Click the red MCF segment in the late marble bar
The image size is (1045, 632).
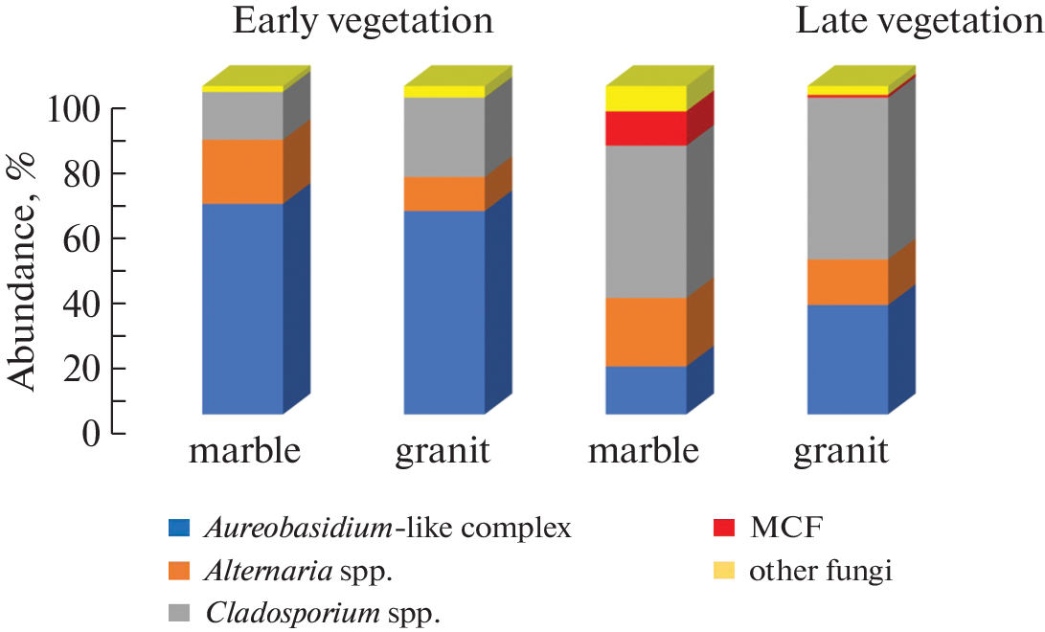point(647,128)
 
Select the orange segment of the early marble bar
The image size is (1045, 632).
point(242,171)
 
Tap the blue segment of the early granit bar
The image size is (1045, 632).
point(443,311)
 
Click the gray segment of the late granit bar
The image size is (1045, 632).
point(848,177)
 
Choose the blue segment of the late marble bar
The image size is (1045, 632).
point(647,390)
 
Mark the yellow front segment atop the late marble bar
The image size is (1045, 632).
point(647,98)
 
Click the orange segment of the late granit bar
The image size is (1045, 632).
point(848,282)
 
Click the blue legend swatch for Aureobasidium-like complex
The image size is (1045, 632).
point(181,527)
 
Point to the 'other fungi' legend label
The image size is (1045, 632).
point(821,572)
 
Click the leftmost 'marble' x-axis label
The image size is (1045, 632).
point(245,451)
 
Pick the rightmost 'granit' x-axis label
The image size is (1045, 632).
point(841,451)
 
